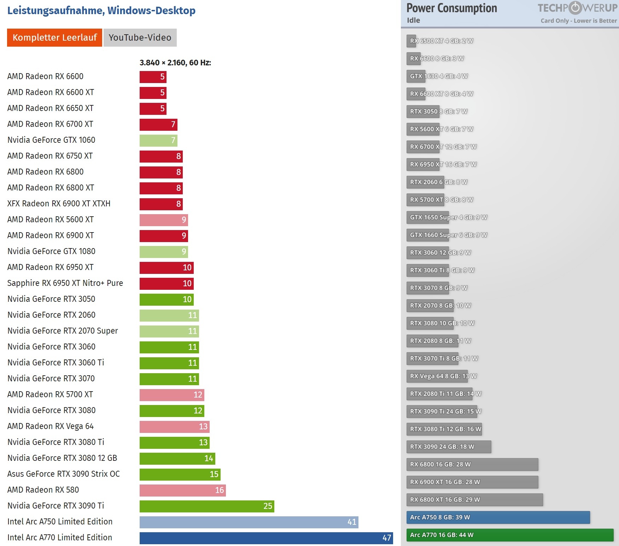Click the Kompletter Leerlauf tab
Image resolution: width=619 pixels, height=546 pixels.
coord(54,37)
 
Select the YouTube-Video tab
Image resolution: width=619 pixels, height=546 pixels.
coord(140,37)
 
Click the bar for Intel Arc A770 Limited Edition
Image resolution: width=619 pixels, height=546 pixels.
coord(266,538)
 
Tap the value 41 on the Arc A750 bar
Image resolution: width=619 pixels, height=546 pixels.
coord(352,522)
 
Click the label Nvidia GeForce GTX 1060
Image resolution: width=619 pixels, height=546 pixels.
coord(51,140)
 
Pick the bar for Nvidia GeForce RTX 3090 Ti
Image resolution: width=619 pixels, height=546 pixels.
coord(206,506)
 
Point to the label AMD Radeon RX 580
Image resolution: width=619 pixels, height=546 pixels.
coord(43,490)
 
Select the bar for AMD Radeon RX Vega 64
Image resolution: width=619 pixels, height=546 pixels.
coord(174,427)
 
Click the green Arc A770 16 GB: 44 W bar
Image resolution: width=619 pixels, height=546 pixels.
coord(509,535)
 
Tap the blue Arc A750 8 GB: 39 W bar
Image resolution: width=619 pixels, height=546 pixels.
coord(498,517)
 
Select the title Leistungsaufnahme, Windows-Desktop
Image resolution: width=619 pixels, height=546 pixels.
coord(101,11)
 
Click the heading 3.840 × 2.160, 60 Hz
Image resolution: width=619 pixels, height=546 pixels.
coord(175,63)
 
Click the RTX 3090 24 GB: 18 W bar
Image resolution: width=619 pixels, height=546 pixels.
coord(448,447)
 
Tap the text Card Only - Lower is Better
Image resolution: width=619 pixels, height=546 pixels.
coord(578,20)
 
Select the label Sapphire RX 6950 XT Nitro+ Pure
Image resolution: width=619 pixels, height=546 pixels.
coord(65,283)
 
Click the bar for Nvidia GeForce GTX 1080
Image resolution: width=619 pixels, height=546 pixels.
coord(163,252)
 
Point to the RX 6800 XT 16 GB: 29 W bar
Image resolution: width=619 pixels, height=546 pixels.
coord(474,500)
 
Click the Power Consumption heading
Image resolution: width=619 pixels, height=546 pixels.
coord(451,8)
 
